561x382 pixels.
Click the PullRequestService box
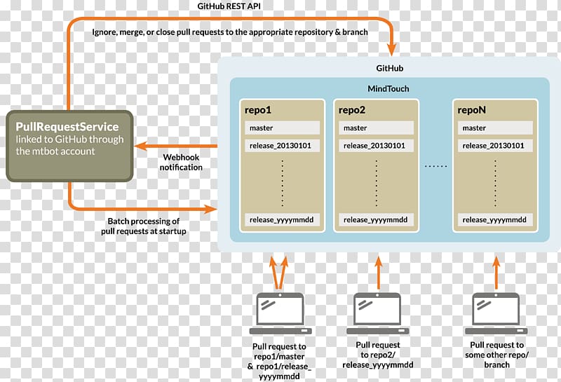[x=69, y=146]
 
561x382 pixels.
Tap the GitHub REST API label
[x=229, y=6]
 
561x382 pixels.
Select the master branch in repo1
[x=282, y=128]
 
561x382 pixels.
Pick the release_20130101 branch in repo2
[x=376, y=146]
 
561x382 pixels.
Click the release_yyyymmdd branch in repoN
[x=495, y=219]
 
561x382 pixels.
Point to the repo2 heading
[x=352, y=110]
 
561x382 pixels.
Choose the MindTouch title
[x=388, y=89]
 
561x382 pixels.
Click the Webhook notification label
[x=181, y=162]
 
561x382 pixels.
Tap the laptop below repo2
[x=377, y=314]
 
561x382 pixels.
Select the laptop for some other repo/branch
[x=496, y=314]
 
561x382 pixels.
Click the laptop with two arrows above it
[x=280, y=314]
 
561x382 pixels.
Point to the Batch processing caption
[x=144, y=226]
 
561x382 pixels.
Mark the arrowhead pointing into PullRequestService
[x=141, y=146]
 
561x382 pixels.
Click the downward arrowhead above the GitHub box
[x=392, y=49]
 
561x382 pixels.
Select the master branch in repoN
[x=495, y=128]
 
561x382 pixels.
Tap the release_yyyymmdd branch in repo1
[x=282, y=219]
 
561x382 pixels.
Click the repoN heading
[x=471, y=110]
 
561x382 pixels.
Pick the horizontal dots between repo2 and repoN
[x=435, y=166]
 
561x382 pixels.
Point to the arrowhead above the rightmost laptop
[x=496, y=262]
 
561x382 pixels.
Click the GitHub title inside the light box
[x=390, y=68]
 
